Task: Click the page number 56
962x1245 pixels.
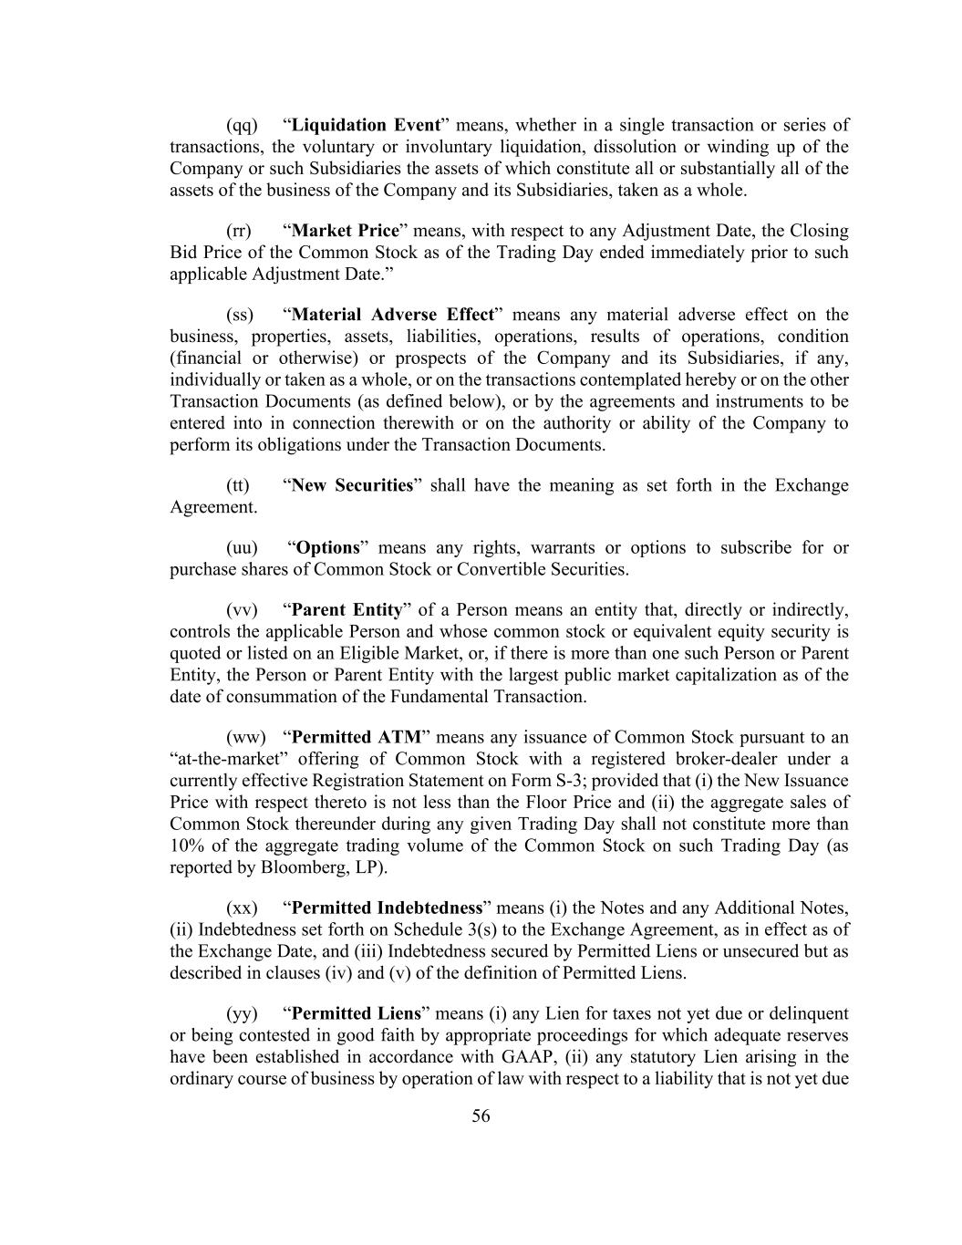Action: click(481, 1115)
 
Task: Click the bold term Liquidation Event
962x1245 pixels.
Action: click(366, 125)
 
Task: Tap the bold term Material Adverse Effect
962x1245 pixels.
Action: click(392, 315)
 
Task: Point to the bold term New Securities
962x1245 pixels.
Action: click(352, 485)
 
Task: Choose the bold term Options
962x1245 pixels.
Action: click(328, 548)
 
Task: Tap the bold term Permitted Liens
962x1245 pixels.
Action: click(356, 1013)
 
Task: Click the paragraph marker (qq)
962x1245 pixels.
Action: click(242, 125)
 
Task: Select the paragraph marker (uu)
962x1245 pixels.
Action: click(242, 548)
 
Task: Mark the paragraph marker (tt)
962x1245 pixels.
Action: click(238, 485)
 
